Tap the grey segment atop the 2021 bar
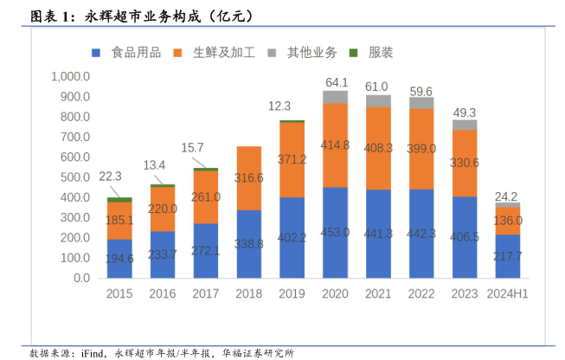(378, 101)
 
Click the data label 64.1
(336, 82)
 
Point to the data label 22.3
(111, 176)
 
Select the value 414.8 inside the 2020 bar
(336, 145)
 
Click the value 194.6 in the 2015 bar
(119, 259)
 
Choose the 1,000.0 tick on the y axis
(71, 76)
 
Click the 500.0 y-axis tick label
(74, 177)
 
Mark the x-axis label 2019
(292, 294)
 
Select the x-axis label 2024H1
(508, 294)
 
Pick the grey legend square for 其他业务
(272, 53)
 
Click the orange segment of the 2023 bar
(465, 163)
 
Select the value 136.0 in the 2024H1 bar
(508, 221)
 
